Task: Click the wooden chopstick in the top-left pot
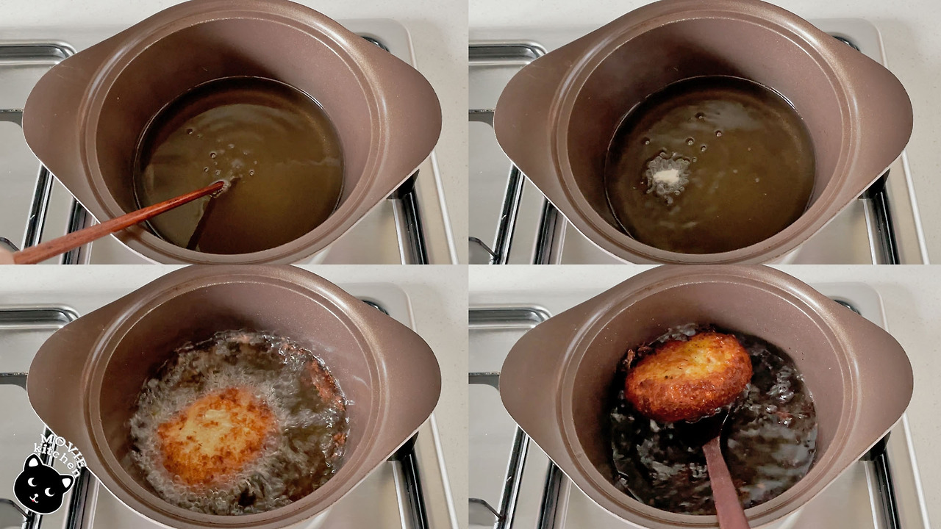[x=118, y=223]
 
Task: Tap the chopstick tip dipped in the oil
[x=222, y=184]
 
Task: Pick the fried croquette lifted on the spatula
[x=688, y=376]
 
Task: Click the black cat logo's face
[x=42, y=487]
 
